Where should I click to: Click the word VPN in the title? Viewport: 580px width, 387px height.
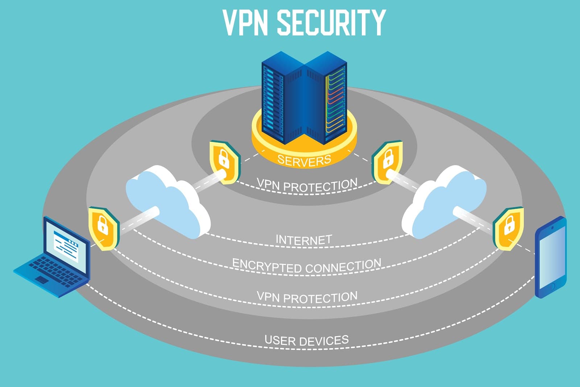point(245,23)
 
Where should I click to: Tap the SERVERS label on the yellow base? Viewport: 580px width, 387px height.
point(304,160)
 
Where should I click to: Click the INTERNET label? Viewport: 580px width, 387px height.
point(304,240)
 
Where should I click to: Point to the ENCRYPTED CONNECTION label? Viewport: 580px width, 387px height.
point(307,266)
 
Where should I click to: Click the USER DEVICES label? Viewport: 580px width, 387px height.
point(307,341)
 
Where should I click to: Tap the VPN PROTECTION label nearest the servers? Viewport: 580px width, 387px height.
point(307,185)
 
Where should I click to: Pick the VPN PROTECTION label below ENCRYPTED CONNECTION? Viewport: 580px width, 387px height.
point(307,297)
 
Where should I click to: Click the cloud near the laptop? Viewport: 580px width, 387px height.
point(167,200)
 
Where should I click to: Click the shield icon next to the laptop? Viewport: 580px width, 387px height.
point(104,228)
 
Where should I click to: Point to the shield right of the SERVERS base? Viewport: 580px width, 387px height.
point(388,162)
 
